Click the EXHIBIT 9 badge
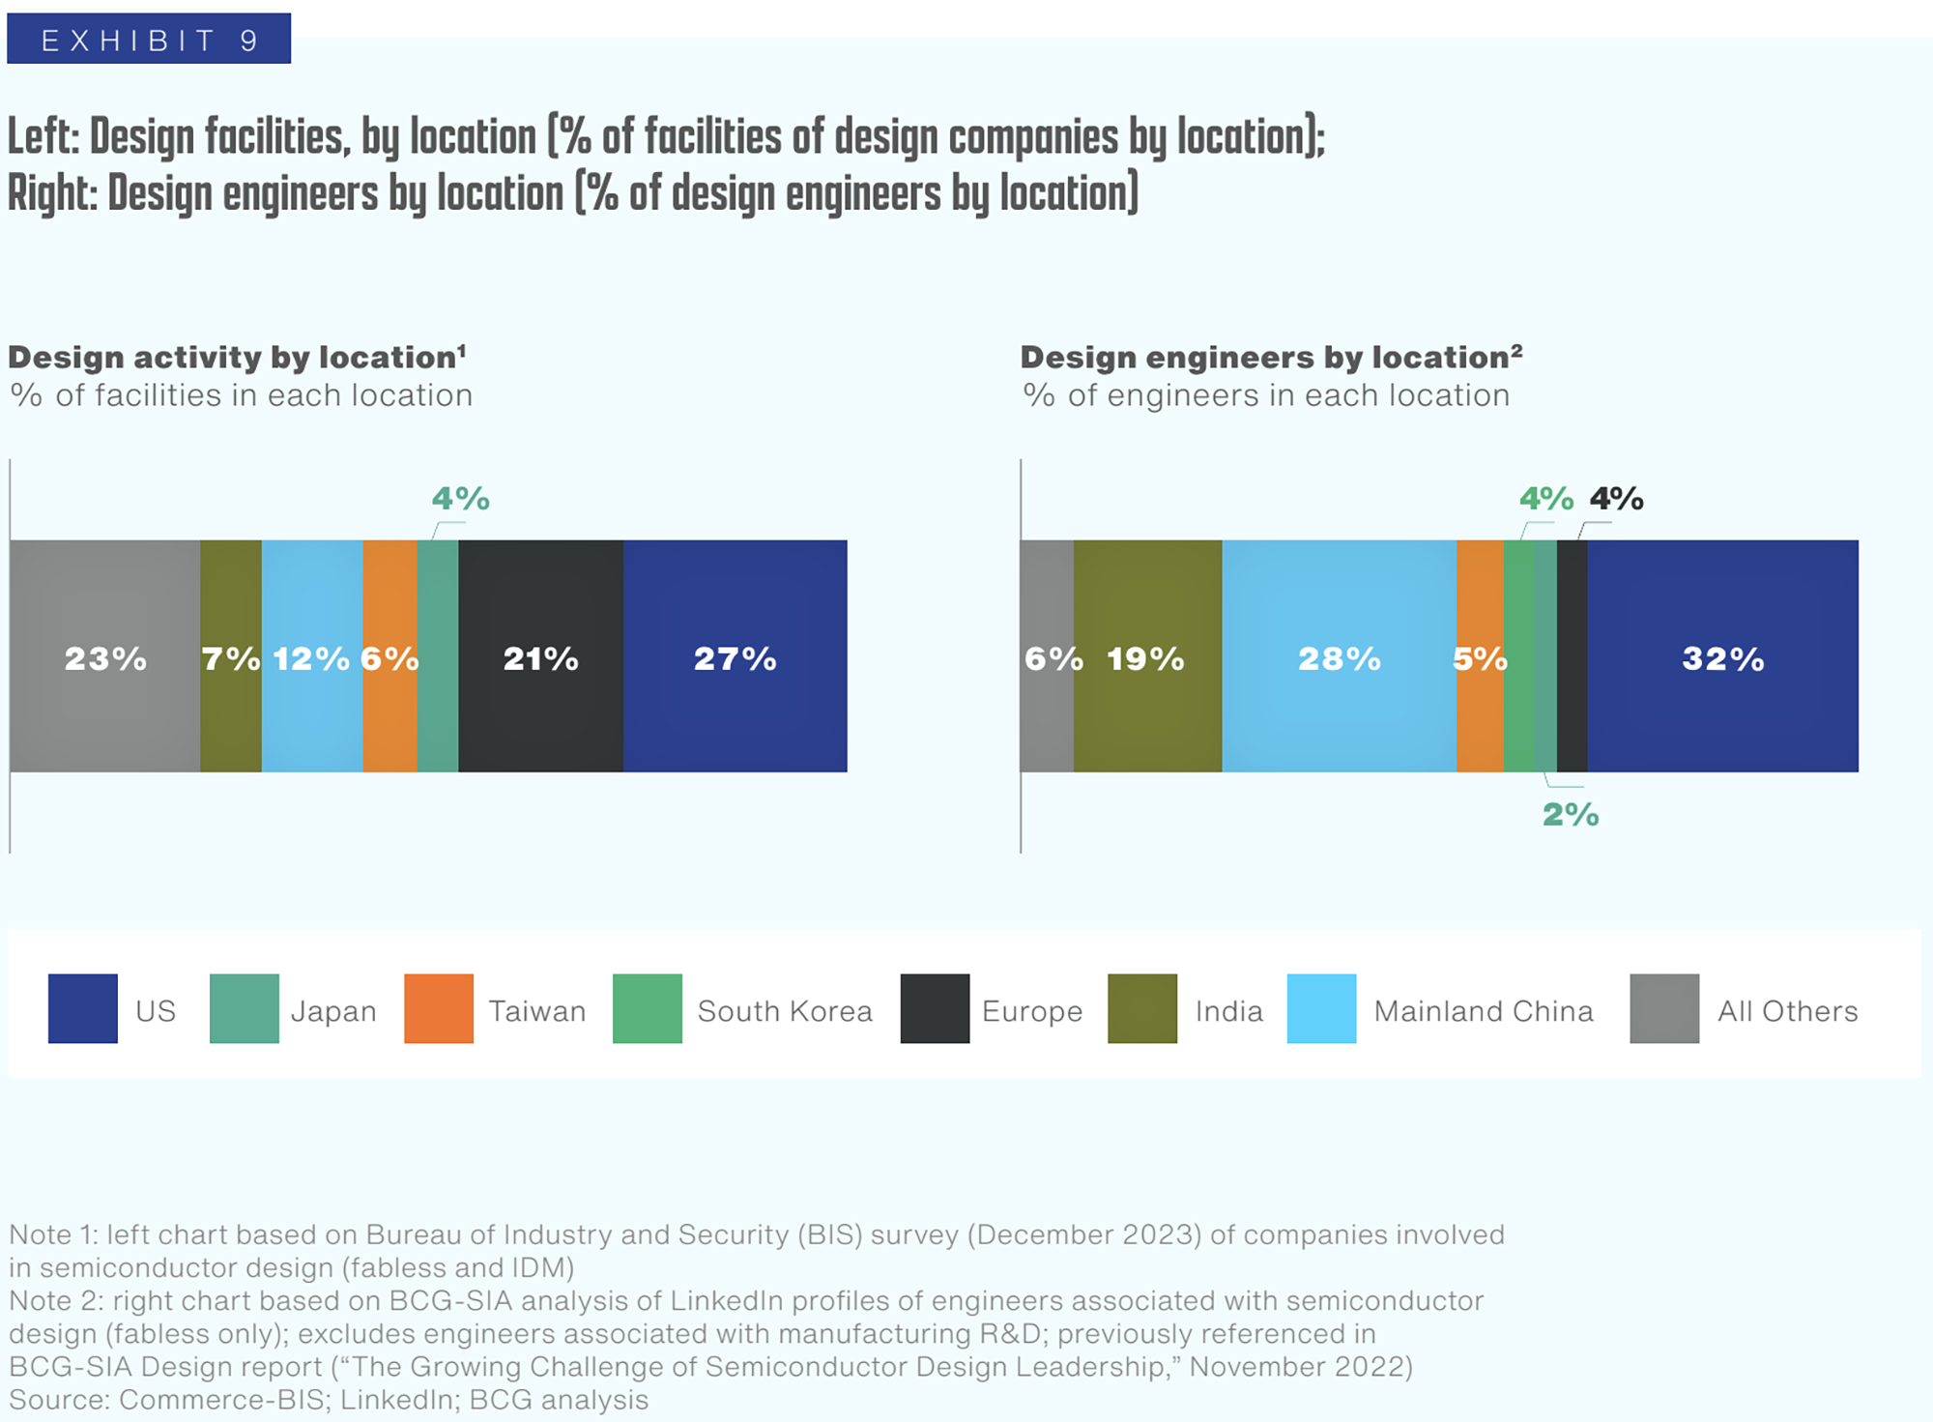pos(149,40)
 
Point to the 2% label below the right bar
pos(1571,815)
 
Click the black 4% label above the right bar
pos(1617,499)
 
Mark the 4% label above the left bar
pos(460,499)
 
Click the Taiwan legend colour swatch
pos(439,1008)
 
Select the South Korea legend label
pos(785,1011)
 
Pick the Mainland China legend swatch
pos(1321,1008)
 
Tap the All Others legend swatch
pos(1664,1008)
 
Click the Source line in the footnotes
pos(329,1400)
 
